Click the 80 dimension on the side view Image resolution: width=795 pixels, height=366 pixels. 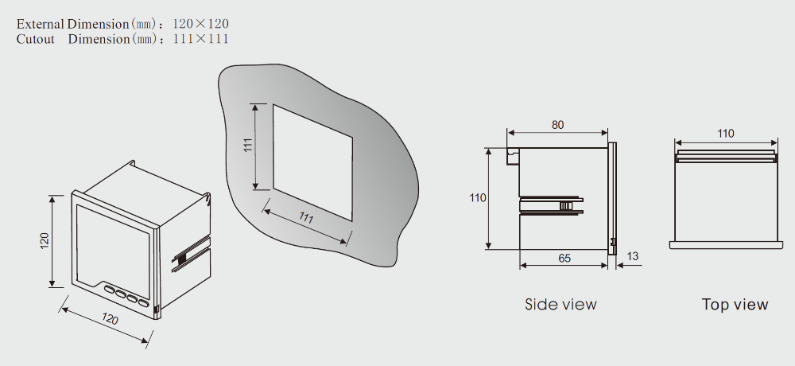[x=557, y=125]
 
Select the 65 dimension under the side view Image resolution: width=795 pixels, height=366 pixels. [x=564, y=258]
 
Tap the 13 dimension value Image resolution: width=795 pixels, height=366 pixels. [x=633, y=256]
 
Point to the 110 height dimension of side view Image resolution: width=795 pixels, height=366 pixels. [x=478, y=198]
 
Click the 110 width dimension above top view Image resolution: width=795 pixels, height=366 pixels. [x=726, y=134]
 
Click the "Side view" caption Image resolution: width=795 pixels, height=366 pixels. [x=560, y=305]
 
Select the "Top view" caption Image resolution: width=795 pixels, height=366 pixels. [x=735, y=305]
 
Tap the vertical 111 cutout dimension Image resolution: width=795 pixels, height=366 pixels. [x=248, y=145]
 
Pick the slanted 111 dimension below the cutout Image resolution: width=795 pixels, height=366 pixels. [x=306, y=218]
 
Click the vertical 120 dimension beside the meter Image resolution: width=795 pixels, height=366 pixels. [x=45, y=240]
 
